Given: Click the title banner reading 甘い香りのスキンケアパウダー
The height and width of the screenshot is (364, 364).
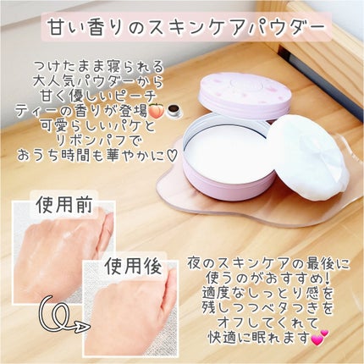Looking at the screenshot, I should [x=183, y=28].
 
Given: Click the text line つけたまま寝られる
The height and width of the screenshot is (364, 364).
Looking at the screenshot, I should [x=99, y=63].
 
